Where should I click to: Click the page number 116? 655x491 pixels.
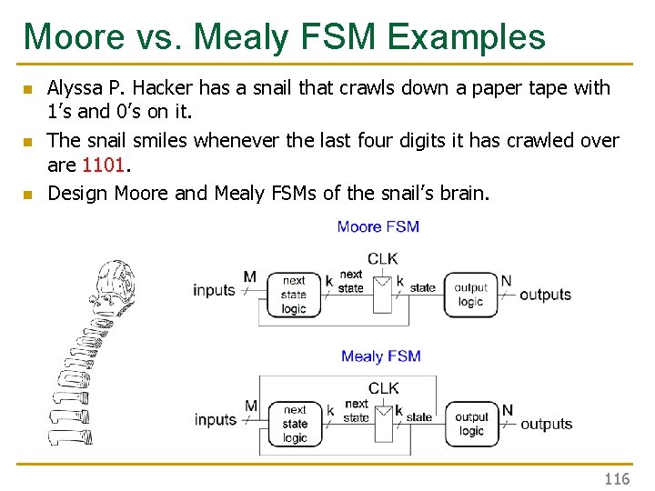click(617, 478)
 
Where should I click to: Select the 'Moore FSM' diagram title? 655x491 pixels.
click(378, 226)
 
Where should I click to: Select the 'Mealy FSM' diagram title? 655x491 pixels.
click(380, 356)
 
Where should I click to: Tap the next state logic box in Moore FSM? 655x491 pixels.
click(293, 295)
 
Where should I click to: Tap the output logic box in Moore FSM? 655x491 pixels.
click(470, 295)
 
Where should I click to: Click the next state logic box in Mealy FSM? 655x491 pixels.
click(295, 424)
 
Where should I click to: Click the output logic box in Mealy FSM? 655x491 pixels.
click(471, 424)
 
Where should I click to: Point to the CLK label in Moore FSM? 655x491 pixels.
click(382, 259)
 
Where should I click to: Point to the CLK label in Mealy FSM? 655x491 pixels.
click(383, 388)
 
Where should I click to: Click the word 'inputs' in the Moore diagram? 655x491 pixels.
click(214, 291)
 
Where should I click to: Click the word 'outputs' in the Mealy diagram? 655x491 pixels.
click(546, 424)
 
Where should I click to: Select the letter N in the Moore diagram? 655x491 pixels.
click(506, 280)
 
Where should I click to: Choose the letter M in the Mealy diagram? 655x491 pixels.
click(251, 406)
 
